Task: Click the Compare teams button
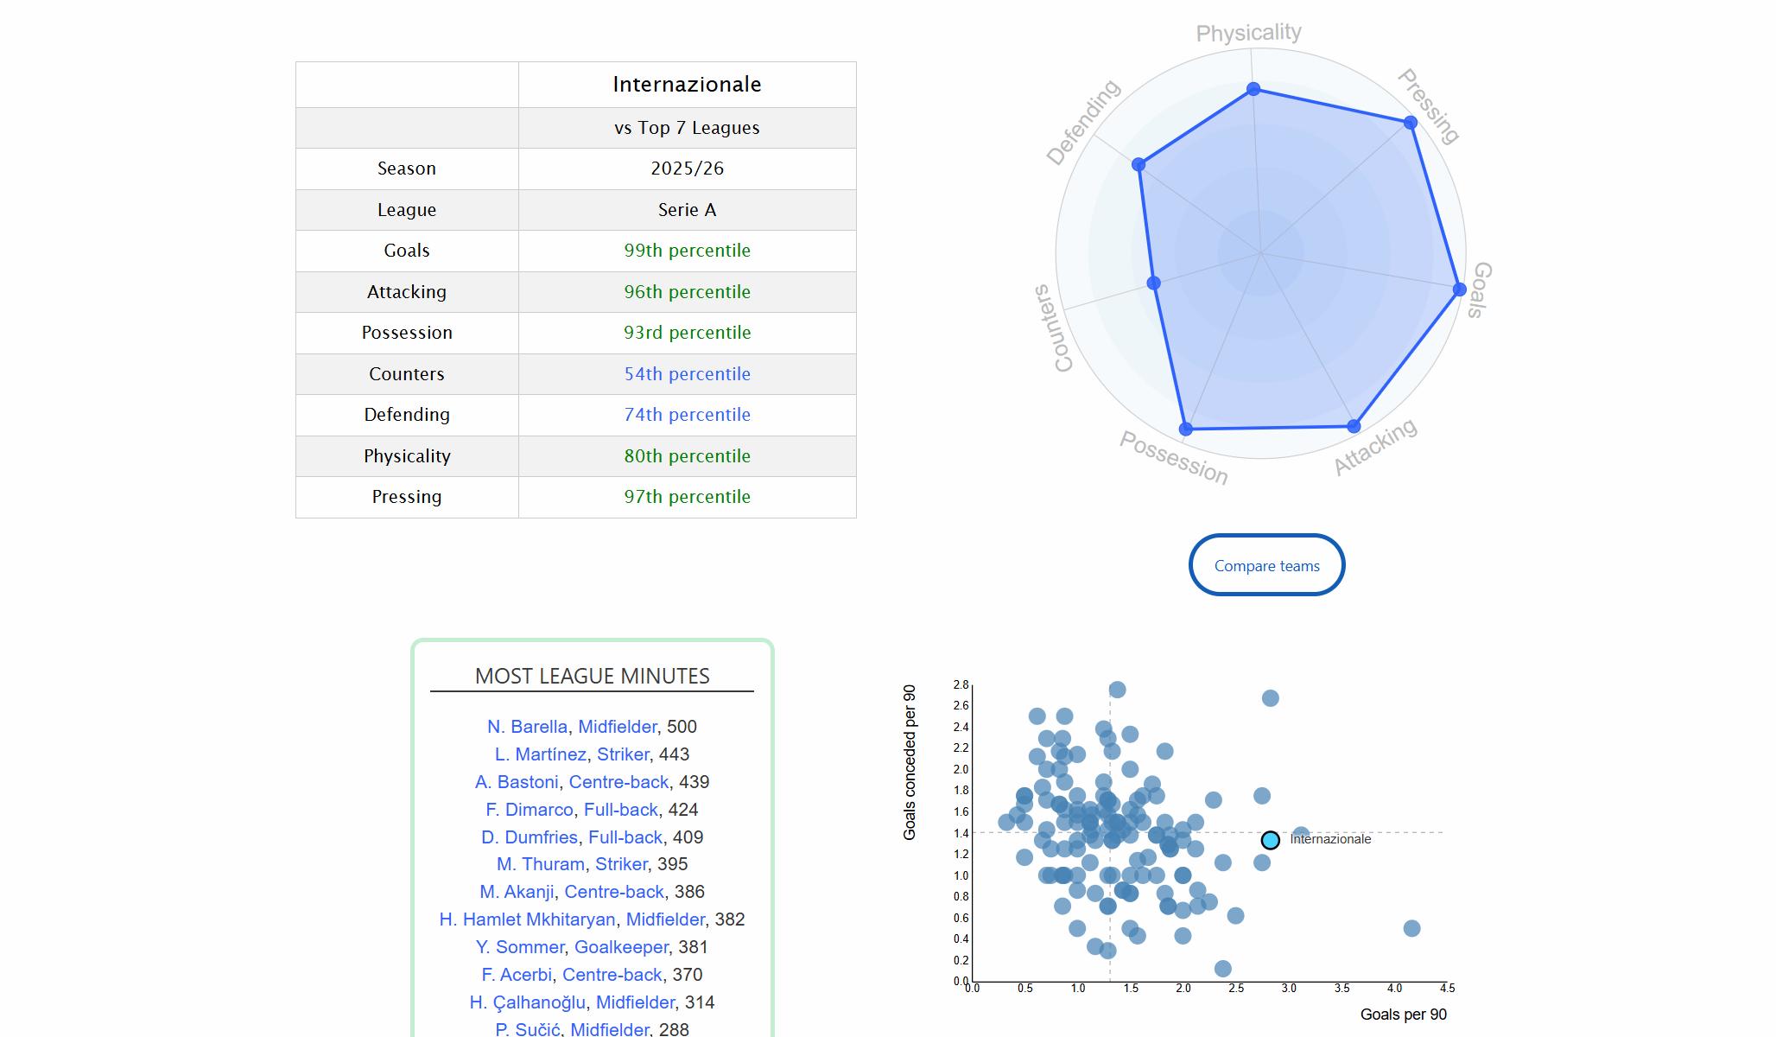(1266, 565)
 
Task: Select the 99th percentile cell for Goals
(687, 251)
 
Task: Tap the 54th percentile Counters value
(687, 374)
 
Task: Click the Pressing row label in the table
(406, 497)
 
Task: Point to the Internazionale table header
(687, 85)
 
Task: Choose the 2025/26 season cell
(687, 169)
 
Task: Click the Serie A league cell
(687, 210)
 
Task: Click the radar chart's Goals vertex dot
(1459, 289)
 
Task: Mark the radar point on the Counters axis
(1153, 283)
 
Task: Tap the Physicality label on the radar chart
(1248, 33)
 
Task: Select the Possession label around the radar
(1173, 457)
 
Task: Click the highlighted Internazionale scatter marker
(1270, 840)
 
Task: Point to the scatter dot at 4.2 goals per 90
(1411, 928)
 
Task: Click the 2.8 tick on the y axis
(961, 685)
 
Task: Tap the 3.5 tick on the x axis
(1342, 989)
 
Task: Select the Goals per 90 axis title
(1403, 1015)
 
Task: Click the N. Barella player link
(527, 727)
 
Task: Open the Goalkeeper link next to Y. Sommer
(621, 947)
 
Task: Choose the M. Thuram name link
(540, 864)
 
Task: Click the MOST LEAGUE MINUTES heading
(592, 676)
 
